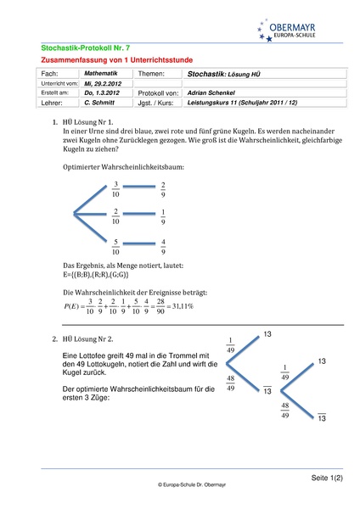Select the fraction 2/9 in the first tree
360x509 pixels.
tap(163, 189)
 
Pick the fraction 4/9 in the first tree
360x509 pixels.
tap(163, 247)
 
